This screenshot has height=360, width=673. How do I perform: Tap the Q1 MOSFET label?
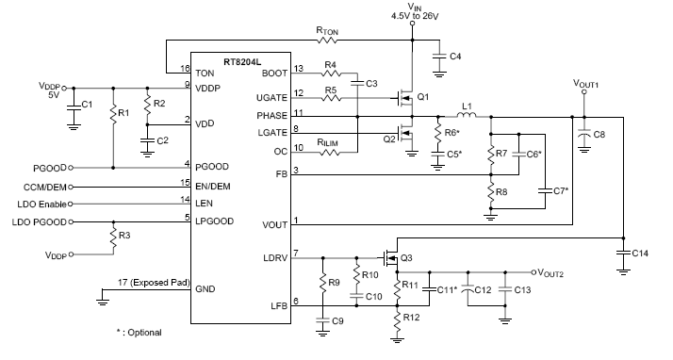click(x=422, y=97)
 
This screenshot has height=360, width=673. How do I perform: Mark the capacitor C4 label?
click(x=456, y=57)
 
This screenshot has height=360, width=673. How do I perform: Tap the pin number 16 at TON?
click(x=185, y=70)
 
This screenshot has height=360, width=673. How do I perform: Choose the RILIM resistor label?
click(x=328, y=142)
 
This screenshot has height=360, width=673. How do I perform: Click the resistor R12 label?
click(x=411, y=318)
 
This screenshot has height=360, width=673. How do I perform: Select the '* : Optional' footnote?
click(x=137, y=332)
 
